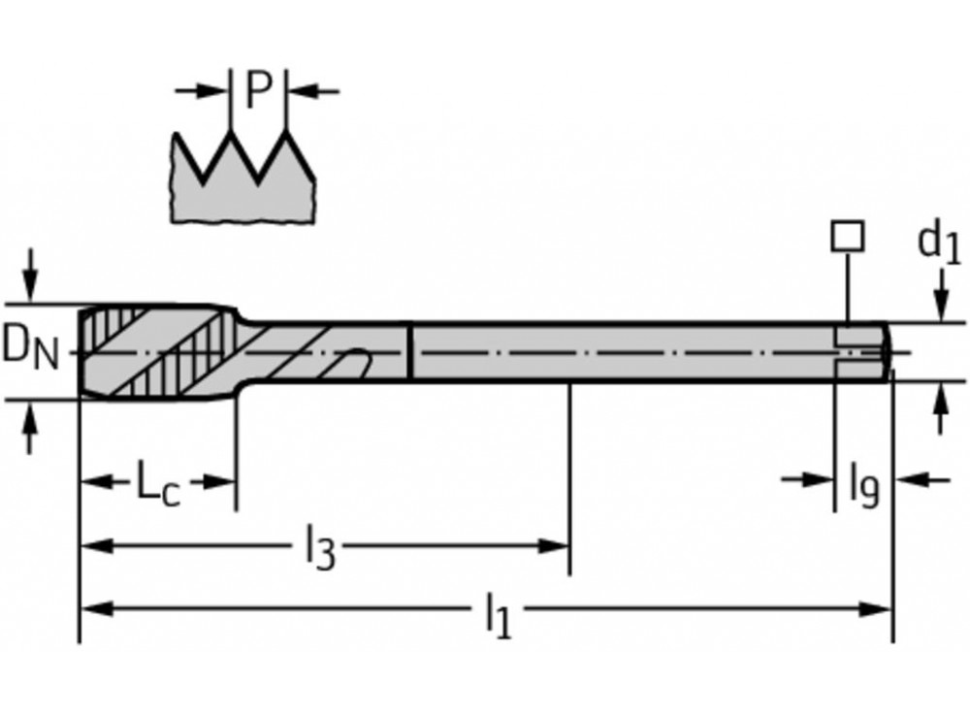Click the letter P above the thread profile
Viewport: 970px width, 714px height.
tap(257, 91)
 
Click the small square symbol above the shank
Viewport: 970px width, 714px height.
tap(849, 237)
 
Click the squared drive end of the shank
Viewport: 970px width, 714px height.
tap(862, 350)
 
